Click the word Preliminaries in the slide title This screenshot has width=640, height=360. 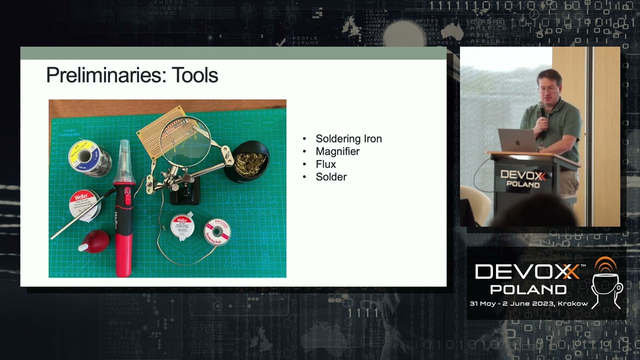click(105, 75)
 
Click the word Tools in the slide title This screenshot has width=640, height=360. click(195, 75)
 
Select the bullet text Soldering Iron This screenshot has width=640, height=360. click(348, 139)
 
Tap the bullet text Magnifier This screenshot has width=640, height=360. click(337, 151)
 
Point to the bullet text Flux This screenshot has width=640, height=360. click(325, 164)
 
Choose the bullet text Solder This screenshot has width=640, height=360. click(331, 177)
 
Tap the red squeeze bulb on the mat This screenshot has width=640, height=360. click(95, 241)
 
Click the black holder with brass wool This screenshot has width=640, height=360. click(246, 161)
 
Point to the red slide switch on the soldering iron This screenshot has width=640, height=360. click(127, 198)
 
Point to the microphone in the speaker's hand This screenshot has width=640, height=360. click(541, 109)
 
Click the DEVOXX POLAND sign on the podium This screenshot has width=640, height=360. click(523, 179)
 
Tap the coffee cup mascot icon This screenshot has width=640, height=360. click(606, 283)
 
